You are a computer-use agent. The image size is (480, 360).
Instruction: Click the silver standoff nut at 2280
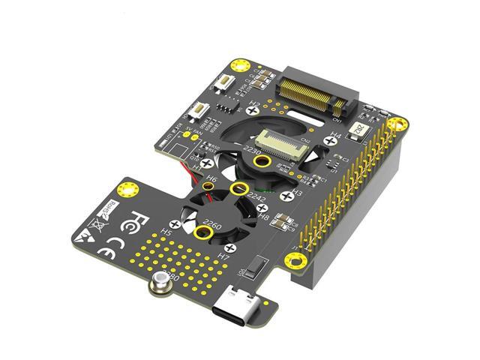coord(160,283)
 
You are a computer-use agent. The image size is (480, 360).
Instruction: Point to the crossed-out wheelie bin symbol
coord(97,223)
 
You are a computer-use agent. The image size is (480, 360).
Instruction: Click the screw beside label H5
coord(175,223)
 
